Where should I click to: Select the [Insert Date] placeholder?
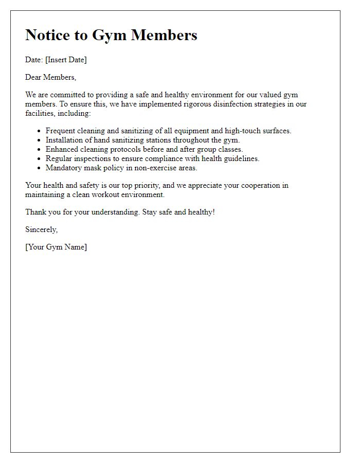pos(66,60)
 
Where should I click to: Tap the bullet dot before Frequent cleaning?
pos(39,131)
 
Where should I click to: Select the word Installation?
pos(65,140)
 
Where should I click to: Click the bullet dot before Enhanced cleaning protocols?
pos(39,150)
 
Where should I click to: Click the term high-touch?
pos(243,131)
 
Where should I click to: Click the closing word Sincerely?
pos(41,229)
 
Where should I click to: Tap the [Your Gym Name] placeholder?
pos(56,247)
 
